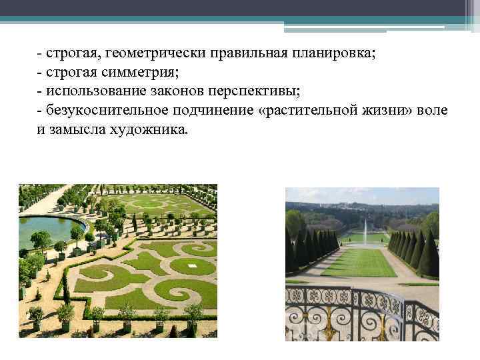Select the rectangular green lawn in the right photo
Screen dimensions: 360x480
(360, 263)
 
